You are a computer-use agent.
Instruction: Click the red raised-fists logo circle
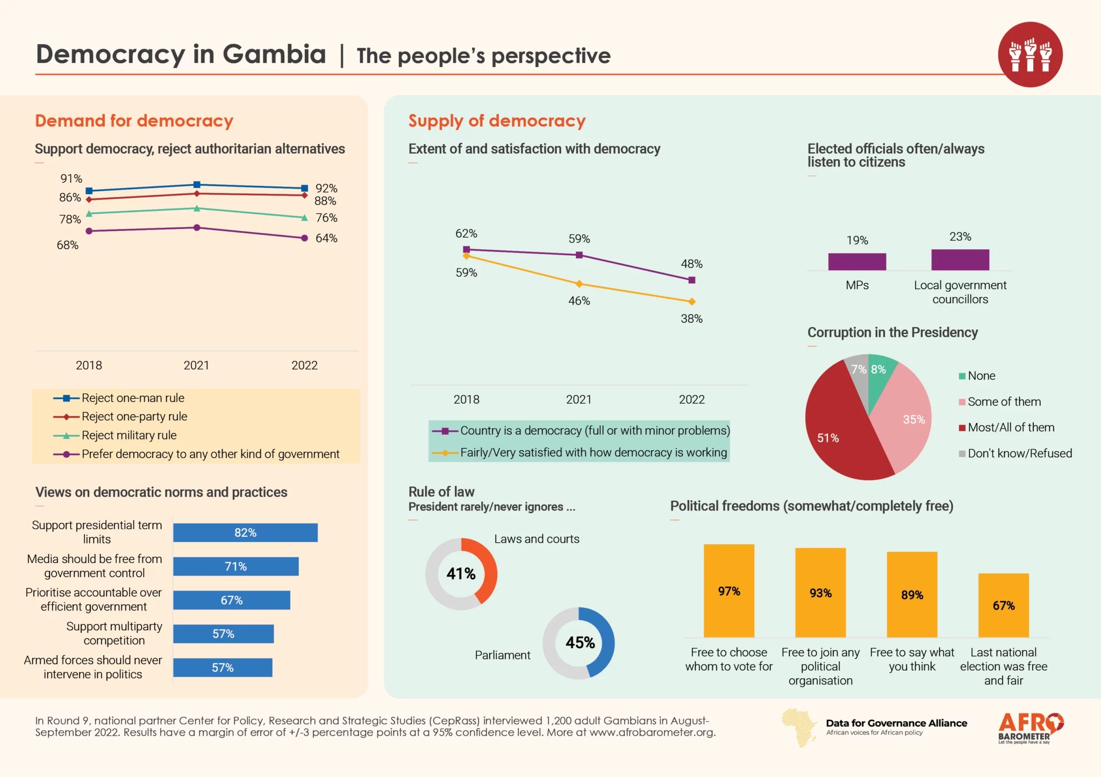[x=1030, y=54]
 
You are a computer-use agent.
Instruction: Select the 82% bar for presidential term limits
[x=245, y=533]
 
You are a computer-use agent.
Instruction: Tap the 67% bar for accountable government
[x=232, y=600]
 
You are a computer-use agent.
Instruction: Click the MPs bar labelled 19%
[x=857, y=262]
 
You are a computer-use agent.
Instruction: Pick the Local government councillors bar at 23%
[x=960, y=260]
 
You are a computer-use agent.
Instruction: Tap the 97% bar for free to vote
[x=729, y=591]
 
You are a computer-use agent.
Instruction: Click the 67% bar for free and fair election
[x=1003, y=606]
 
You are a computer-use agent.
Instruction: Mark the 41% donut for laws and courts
[x=461, y=574]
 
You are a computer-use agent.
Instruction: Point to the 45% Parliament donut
[x=579, y=643]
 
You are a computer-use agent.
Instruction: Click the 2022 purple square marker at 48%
[x=692, y=280]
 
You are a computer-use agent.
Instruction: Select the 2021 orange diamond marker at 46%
[x=579, y=284]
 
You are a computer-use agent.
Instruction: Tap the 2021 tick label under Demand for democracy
[x=196, y=365]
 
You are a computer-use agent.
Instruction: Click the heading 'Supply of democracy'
[x=497, y=121]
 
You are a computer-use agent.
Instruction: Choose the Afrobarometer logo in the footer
[x=1030, y=728]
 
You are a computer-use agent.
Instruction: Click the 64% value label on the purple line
[x=326, y=238]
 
